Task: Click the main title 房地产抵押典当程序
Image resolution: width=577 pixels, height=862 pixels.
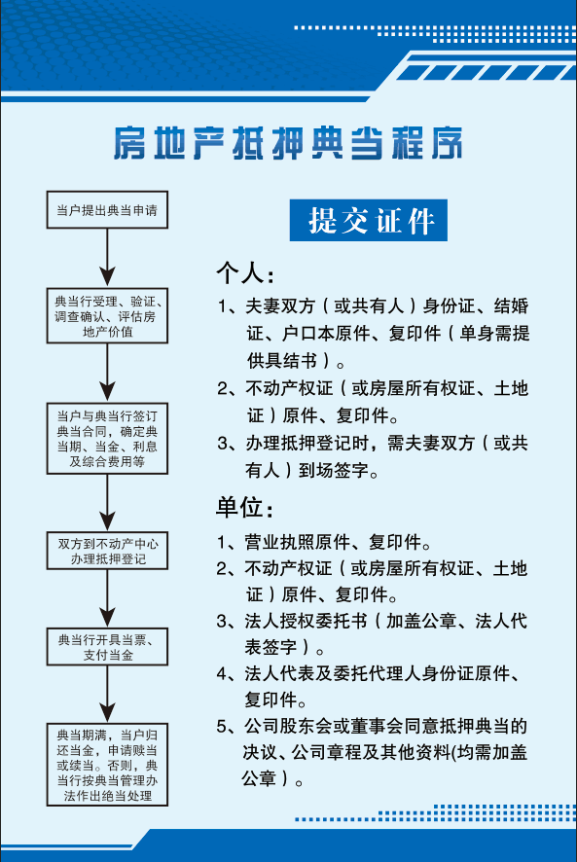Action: (x=288, y=143)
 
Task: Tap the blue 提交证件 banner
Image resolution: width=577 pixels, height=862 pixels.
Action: (x=369, y=220)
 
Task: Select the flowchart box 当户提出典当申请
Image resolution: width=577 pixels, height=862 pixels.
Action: (x=107, y=210)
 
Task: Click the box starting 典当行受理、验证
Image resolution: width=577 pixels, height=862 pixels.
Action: (x=107, y=316)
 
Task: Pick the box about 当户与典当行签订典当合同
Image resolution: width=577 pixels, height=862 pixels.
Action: (x=107, y=438)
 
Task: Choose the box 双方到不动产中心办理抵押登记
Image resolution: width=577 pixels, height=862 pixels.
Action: (x=107, y=551)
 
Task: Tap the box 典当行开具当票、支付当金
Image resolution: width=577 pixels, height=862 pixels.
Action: (x=107, y=647)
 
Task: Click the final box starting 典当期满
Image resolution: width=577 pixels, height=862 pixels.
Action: (x=107, y=765)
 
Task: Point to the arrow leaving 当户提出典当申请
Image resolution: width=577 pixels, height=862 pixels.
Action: (x=107, y=258)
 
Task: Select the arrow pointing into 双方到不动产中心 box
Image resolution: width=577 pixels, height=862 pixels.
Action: (x=107, y=502)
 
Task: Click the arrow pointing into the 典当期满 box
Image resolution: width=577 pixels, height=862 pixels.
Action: (x=107, y=695)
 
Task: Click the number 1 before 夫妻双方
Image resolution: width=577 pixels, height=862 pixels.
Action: (x=222, y=306)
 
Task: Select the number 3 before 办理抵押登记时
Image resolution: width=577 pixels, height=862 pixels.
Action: (x=222, y=443)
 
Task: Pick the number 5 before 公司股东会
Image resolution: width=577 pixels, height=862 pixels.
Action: (x=222, y=726)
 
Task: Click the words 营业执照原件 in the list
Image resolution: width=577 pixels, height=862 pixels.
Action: (x=298, y=542)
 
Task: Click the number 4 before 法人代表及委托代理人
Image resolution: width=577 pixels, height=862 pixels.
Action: (x=222, y=673)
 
